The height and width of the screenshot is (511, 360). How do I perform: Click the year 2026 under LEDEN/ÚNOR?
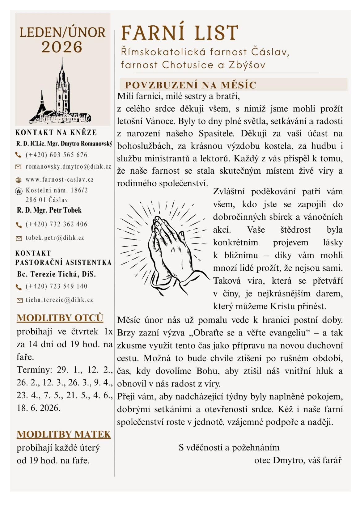coord(62,47)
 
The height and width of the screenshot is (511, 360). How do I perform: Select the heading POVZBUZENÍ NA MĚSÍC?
coord(190,85)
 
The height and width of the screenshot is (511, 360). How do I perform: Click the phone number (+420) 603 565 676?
coord(57,155)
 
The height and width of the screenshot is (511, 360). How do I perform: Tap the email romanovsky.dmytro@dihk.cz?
coord(68,167)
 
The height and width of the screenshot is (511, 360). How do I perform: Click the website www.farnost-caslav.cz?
coord(60,179)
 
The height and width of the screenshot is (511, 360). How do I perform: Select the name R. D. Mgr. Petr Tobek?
coord(49,210)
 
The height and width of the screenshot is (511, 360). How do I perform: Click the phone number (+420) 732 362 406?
coord(57,224)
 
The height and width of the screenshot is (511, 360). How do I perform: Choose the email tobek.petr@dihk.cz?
coord(55,238)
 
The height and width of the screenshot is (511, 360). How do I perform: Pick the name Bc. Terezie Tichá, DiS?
coord(56,274)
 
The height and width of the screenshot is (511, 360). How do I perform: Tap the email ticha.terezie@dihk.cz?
coord(59,300)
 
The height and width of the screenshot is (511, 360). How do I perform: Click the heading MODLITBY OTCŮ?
coord(60,318)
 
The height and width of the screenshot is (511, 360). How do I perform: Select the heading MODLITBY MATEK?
coord(64,434)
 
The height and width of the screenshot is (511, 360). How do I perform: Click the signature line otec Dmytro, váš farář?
coord(298,460)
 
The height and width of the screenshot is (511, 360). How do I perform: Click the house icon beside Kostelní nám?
coord(19,191)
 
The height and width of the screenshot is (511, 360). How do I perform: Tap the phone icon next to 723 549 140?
coord(19,287)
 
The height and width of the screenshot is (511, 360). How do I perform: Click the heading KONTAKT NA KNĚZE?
coord(56,133)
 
